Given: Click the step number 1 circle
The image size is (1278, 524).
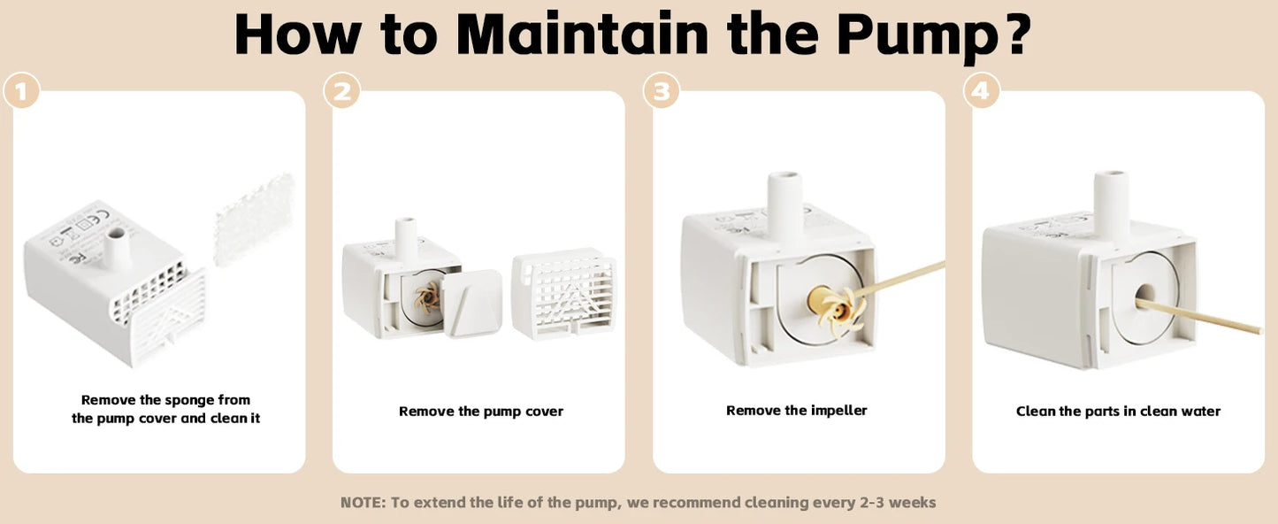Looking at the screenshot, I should [x=21, y=90].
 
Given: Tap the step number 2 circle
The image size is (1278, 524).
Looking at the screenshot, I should [x=341, y=90].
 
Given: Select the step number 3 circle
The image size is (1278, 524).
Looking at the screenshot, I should [x=662, y=90].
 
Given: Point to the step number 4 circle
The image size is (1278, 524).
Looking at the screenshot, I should [x=981, y=90].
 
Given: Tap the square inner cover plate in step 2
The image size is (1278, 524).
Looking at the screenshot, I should [x=472, y=304].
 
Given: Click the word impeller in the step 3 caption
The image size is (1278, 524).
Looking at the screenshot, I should [x=838, y=411].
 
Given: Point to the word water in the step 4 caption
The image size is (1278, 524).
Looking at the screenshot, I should [x=1199, y=412].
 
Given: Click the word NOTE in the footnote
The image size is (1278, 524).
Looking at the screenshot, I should [x=362, y=503].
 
